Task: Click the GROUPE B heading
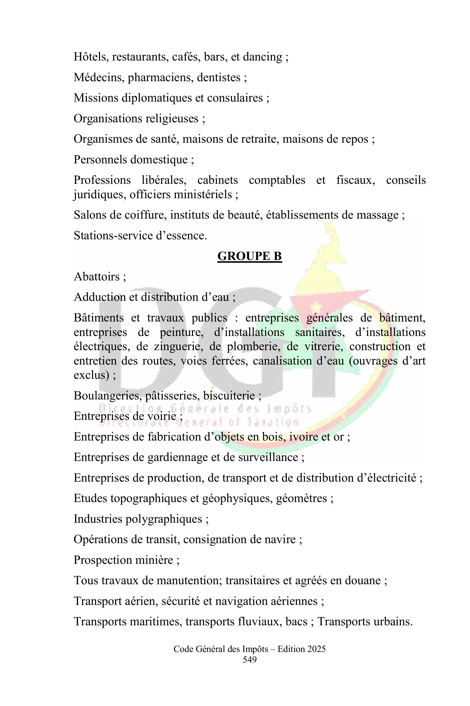click(249, 256)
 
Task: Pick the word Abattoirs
click(96, 276)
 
